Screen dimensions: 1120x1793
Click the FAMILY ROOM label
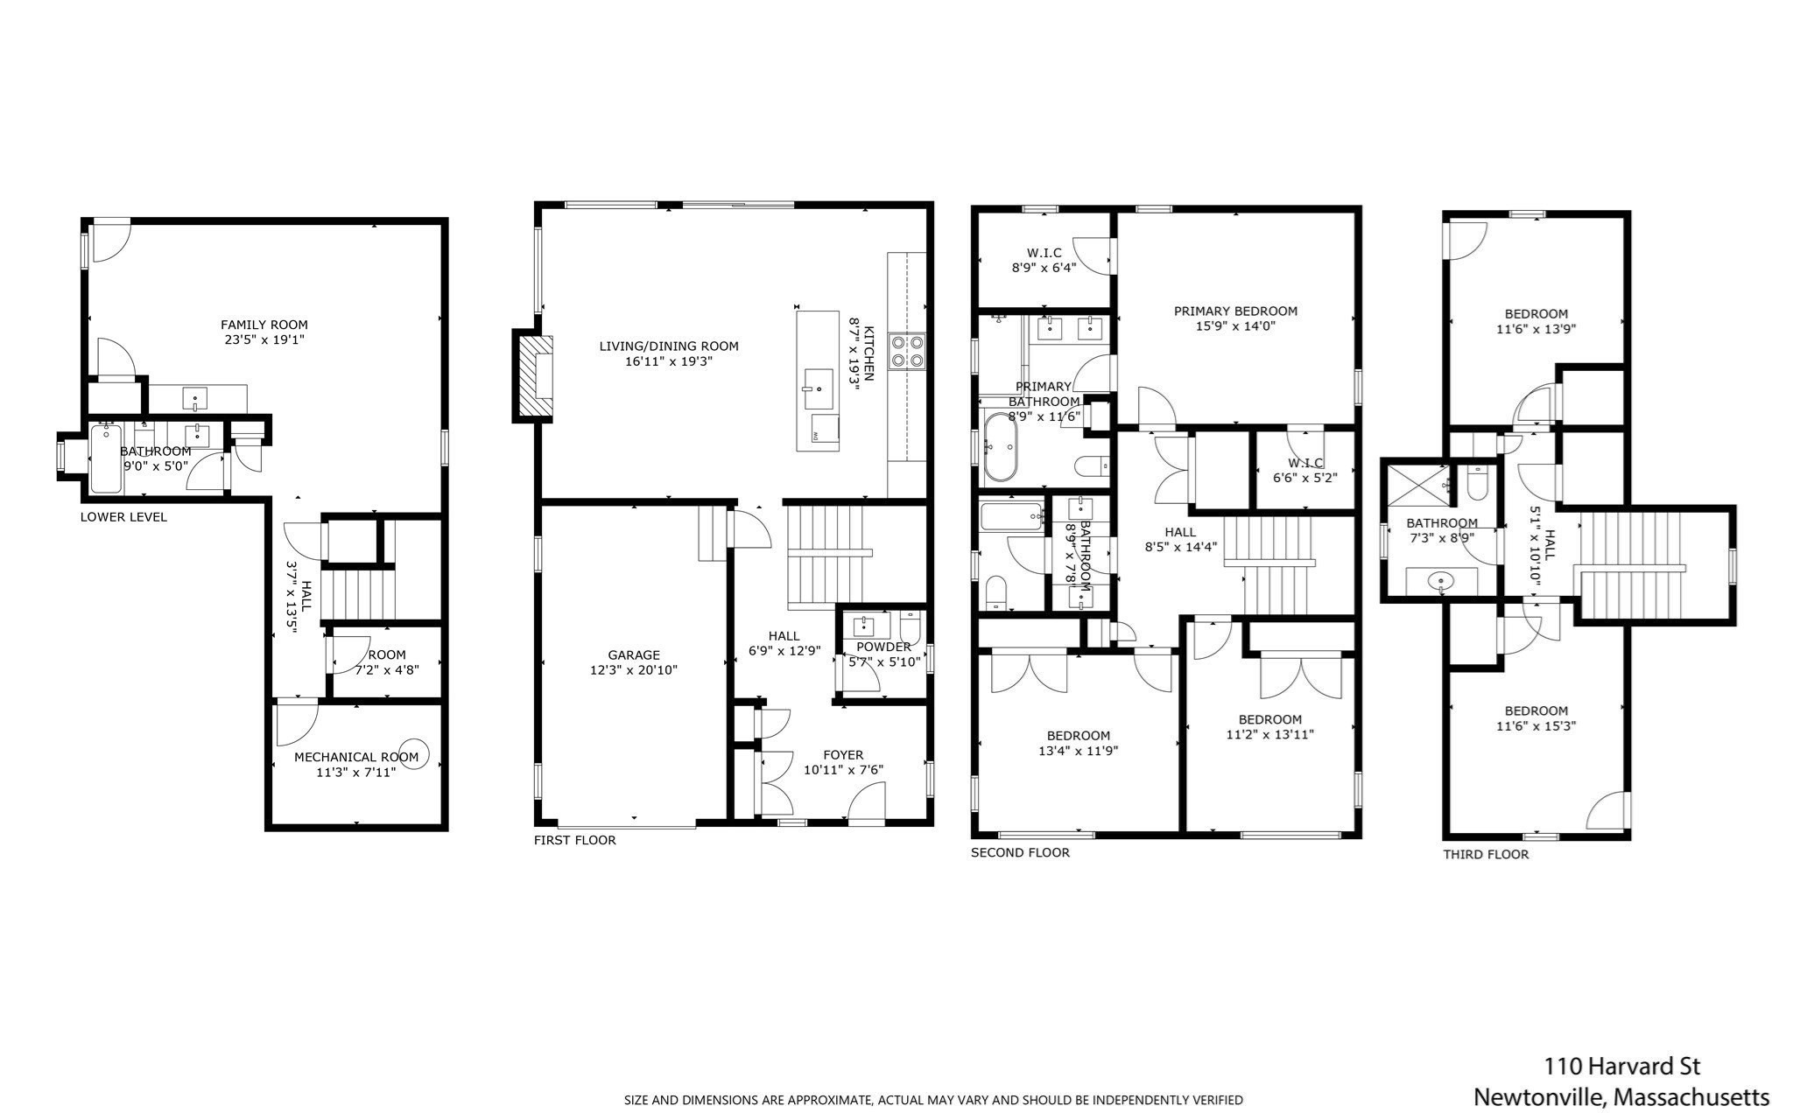click(x=264, y=325)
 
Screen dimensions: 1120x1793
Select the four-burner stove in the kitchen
click(x=907, y=351)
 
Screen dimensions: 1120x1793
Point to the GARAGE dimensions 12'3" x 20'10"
click(x=633, y=670)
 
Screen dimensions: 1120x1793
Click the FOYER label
click(x=843, y=755)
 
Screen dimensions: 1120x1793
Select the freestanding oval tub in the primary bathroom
click(x=1000, y=448)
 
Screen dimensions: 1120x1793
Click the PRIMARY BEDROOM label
click(x=1235, y=311)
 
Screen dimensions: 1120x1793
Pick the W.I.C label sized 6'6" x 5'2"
click(x=1304, y=463)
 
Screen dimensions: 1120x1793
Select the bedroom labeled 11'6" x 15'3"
click(x=1536, y=718)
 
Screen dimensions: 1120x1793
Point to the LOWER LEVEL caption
click(x=123, y=517)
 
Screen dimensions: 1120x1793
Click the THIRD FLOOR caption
click(x=1486, y=855)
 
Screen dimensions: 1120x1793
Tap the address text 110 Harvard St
click(x=1621, y=1067)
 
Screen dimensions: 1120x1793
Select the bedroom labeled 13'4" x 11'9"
click(x=1078, y=743)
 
